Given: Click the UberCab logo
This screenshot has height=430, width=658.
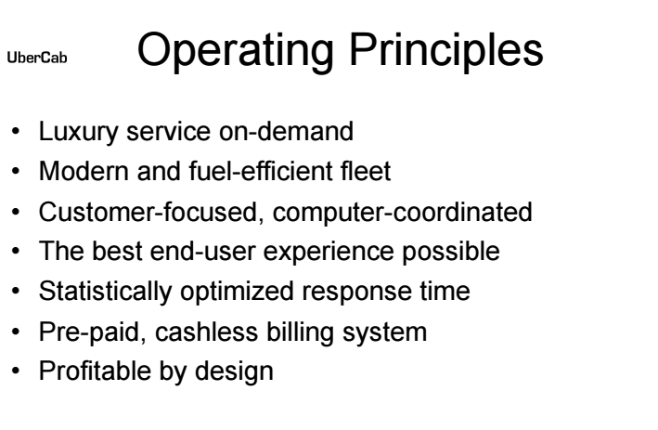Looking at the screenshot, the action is pyautogui.click(x=37, y=57).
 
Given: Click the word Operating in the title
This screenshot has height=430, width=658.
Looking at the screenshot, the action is pyautogui.click(x=236, y=52).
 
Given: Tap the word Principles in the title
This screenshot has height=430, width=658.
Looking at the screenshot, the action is pyautogui.click(x=446, y=52).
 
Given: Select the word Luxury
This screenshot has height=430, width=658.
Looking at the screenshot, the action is pyautogui.click(x=79, y=132).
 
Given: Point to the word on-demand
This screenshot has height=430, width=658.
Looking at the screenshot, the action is pyautogui.click(x=286, y=131).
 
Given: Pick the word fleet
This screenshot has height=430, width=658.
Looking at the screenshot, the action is pyautogui.click(x=366, y=171).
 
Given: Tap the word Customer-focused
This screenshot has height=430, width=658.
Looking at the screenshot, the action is pyautogui.click(x=151, y=212).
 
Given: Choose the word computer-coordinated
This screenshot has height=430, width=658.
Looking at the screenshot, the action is pyautogui.click(x=403, y=212).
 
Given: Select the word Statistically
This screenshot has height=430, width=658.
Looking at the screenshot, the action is pyautogui.click(x=105, y=292).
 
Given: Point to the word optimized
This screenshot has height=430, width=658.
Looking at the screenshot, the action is pyautogui.click(x=237, y=292).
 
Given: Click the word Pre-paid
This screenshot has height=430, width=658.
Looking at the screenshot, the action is pyautogui.click(x=93, y=332).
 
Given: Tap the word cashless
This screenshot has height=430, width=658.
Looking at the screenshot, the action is pyautogui.click(x=206, y=332).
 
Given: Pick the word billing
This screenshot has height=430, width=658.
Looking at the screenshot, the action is pyautogui.click(x=301, y=332).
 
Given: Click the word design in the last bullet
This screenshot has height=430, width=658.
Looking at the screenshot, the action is pyautogui.click(x=234, y=371).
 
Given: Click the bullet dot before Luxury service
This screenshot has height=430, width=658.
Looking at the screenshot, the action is pyautogui.click(x=16, y=131).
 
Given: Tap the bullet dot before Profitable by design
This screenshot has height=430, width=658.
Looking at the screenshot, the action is pyautogui.click(x=16, y=371).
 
